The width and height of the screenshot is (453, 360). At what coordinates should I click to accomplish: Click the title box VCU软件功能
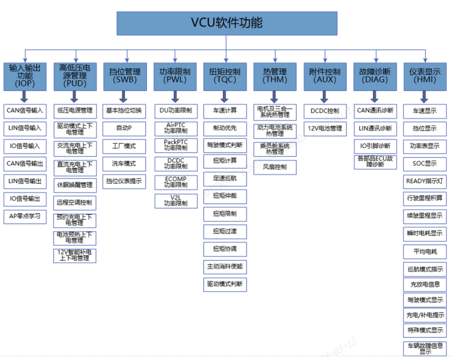[226, 23]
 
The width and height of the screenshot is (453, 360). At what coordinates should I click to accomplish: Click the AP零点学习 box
[25, 216]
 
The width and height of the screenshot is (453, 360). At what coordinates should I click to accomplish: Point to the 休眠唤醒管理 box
[75, 185]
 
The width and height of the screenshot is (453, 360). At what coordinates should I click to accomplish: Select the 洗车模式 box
[125, 163]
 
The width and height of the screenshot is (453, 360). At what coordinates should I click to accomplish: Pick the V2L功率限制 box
[175, 200]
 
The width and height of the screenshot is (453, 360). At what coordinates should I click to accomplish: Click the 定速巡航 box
[225, 178]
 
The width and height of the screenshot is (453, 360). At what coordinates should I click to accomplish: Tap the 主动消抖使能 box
[225, 267]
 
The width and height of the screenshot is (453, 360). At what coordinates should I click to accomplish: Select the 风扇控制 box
[275, 167]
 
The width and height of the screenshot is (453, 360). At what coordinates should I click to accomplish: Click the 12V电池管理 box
[325, 128]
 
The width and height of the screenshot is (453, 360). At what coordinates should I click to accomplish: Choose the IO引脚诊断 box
[375, 146]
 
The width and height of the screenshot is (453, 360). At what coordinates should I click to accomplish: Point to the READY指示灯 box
[425, 181]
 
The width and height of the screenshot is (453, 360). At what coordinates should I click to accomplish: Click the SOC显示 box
[425, 164]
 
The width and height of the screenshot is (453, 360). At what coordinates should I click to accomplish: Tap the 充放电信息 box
[425, 284]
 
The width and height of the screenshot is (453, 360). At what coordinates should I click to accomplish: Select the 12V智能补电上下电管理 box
[75, 255]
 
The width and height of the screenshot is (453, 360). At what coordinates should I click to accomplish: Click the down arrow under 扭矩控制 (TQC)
[225, 97]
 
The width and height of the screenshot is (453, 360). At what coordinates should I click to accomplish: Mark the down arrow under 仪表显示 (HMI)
[425, 97]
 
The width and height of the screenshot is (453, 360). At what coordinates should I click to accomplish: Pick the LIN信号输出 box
[25, 181]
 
